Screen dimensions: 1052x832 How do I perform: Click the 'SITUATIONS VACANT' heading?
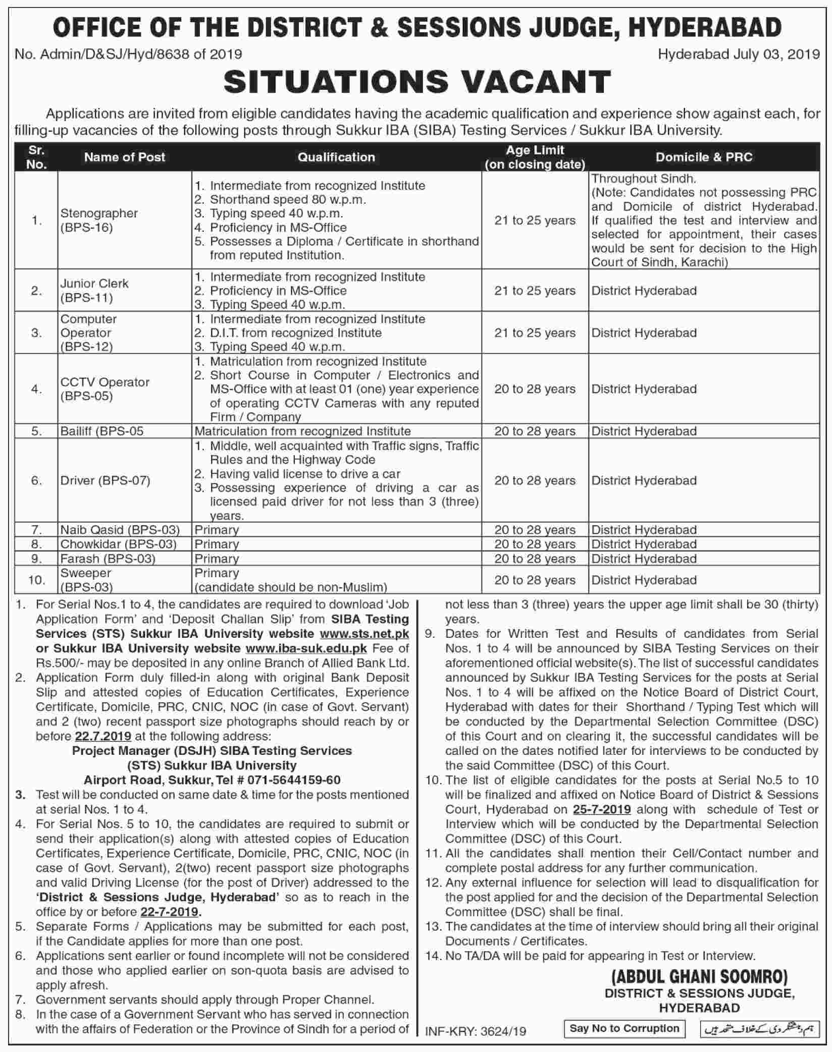tap(417, 82)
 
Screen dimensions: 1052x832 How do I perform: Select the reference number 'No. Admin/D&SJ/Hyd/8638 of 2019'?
tap(128, 53)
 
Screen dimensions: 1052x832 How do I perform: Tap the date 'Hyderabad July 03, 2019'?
tap(739, 53)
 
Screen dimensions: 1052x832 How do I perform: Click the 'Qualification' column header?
tap(336, 157)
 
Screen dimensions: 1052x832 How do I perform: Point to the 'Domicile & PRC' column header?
tap(704, 157)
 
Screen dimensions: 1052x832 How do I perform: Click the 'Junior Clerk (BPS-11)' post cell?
tap(94, 290)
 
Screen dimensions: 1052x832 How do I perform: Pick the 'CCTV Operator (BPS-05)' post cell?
tap(105, 389)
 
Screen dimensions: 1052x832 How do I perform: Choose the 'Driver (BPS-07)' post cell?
tap(106, 480)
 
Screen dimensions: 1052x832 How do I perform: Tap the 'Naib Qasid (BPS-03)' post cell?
tap(120, 530)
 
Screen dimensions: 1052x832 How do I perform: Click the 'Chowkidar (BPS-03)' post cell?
tap(119, 544)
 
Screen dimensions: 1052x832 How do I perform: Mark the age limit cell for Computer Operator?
tap(535, 333)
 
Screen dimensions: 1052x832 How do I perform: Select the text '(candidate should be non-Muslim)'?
tap(291, 587)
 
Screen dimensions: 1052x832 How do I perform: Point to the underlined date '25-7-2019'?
tap(602, 810)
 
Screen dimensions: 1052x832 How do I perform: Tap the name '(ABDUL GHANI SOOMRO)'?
tap(699, 977)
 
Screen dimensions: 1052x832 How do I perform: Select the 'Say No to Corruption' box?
tap(624, 1028)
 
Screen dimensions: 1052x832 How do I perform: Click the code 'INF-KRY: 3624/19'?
tap(476, 1031)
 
